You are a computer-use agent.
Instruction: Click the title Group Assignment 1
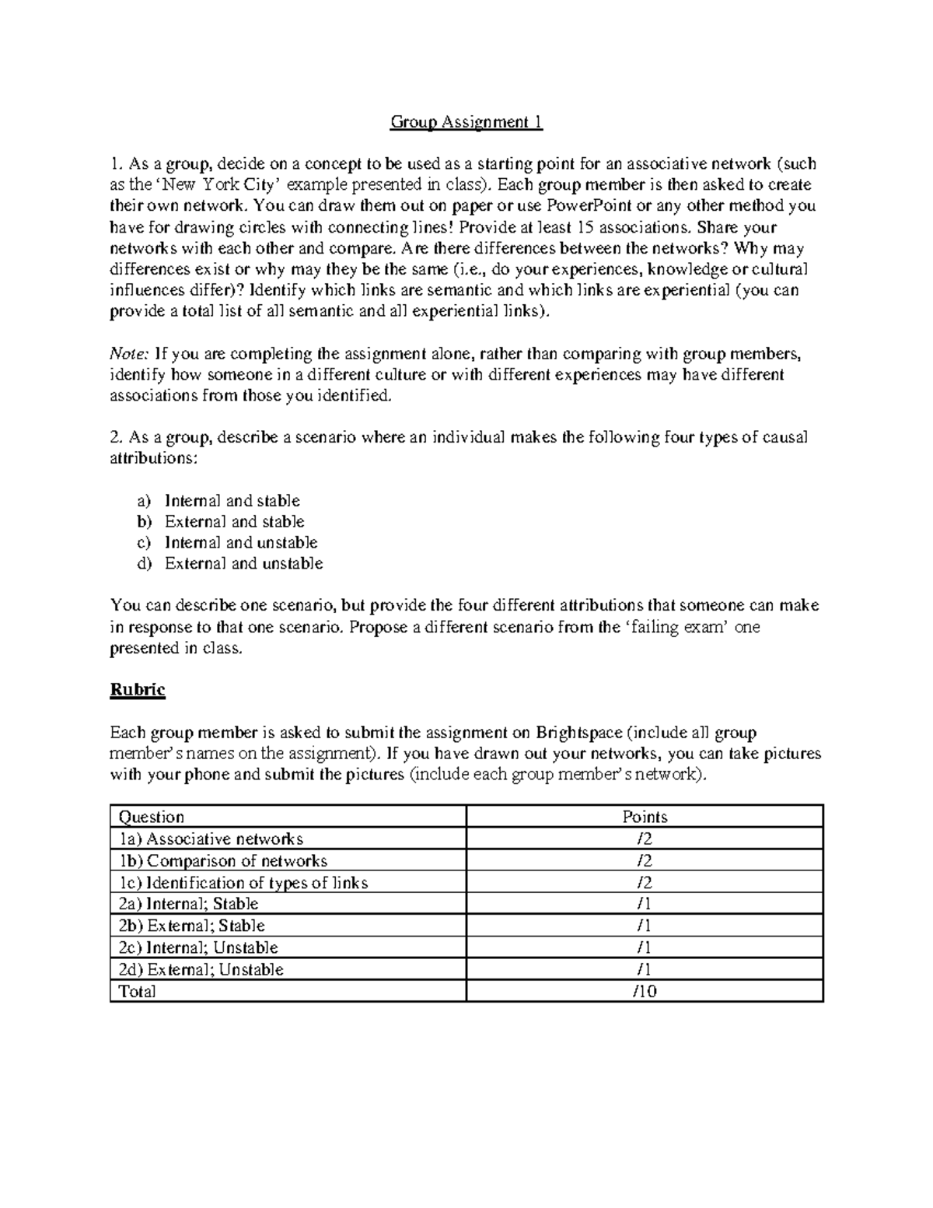click(x=466, y=122)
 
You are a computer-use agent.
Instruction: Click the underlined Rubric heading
click(x=138, y=690)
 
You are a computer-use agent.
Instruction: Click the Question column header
click(x=151, y=817)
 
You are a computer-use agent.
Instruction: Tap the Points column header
click(x=645, y=817)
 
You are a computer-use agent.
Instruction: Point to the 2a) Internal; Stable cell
click(x=187, y=904)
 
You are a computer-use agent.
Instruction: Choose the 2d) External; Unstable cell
click(x=200, y=969)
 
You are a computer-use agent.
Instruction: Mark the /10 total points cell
click(x=645, y=991)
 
